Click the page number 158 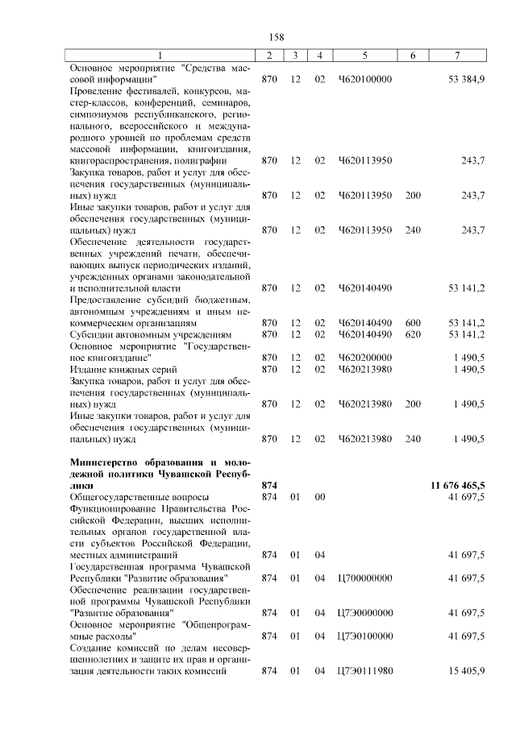point(277,37)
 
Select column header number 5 point(365,56)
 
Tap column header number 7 point(457,56)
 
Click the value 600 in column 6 point(413,322)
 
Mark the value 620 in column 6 point(413,333)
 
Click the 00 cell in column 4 point(320,498)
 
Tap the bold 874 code point(269,486)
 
